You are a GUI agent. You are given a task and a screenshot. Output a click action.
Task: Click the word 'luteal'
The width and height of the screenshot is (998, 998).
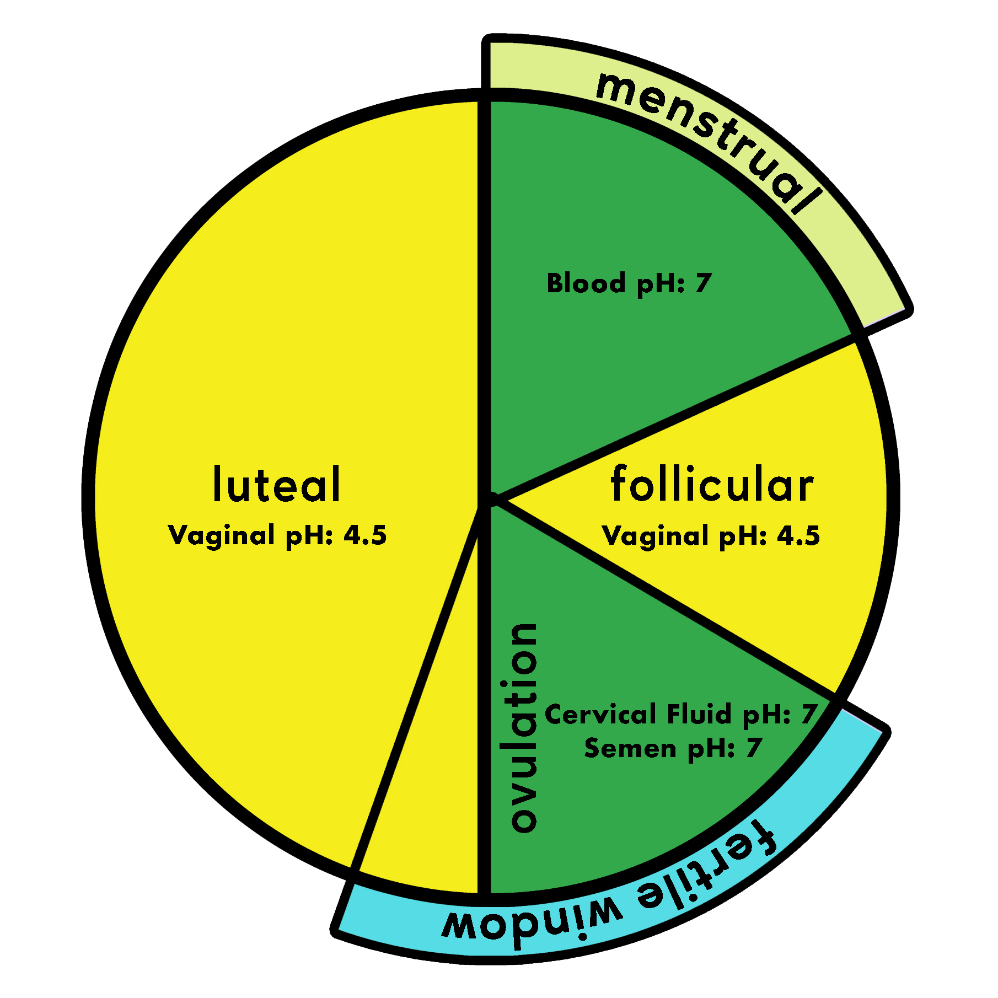(x=277, y=485)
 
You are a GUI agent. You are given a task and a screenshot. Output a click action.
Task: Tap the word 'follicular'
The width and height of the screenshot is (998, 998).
(x=712, y=485)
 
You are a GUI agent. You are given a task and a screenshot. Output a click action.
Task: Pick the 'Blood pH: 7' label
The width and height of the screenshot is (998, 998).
(x=629, y=283)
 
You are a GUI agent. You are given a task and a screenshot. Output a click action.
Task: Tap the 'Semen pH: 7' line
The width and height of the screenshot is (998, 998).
(x=673, y=749)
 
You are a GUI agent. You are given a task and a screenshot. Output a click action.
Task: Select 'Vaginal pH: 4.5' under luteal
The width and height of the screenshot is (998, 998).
(x=277, y=535)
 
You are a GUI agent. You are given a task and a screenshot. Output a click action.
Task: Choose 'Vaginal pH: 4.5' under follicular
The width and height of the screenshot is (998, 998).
(x=711, y=535)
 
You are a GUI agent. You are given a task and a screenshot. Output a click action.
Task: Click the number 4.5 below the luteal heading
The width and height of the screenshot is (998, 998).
(x=365, y=535)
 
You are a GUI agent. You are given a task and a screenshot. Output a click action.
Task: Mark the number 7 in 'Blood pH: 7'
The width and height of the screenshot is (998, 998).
(x=702, y=283)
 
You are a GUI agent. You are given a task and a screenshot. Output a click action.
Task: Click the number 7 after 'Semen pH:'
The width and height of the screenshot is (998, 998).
(x=753, y=749)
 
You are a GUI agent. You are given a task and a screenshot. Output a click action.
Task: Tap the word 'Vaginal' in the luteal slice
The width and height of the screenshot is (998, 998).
(x=222, y=535)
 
